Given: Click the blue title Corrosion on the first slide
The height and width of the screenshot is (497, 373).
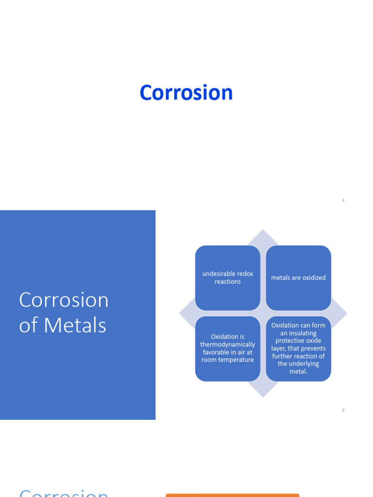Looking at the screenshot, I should pos(186,93).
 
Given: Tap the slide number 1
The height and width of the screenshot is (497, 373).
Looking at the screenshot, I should pos(343,200).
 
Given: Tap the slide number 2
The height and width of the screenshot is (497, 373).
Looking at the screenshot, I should pos(343,410).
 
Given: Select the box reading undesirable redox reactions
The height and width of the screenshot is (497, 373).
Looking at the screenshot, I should pos(227,278).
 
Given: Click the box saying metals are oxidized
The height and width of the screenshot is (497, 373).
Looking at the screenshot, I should pos(298,278).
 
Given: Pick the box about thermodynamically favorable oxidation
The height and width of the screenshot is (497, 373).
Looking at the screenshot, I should pos(227,348).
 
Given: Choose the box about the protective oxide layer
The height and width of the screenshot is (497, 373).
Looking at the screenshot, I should pos(298,348).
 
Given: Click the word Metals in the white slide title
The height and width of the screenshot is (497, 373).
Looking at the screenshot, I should pos(75,325).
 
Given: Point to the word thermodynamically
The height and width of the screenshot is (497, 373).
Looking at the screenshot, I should pos(227,345).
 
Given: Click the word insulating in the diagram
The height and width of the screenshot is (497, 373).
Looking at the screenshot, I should pos(299,333).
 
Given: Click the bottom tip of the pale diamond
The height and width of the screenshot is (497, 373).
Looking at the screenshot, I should pos(263,396).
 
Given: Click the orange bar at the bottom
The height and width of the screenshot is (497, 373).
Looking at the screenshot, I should pos(232,495).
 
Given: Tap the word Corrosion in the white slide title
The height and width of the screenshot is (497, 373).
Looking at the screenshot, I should pos(64,300).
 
